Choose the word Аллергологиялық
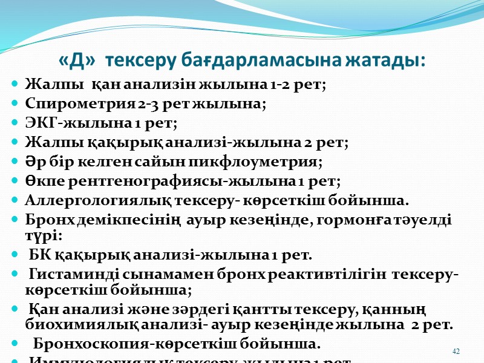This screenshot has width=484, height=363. (x=85, y=201)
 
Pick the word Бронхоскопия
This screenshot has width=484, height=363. (x=81, y=345)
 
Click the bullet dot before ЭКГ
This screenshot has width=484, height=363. (x=15, y=123)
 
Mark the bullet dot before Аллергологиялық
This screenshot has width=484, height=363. (x=15, y=201)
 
